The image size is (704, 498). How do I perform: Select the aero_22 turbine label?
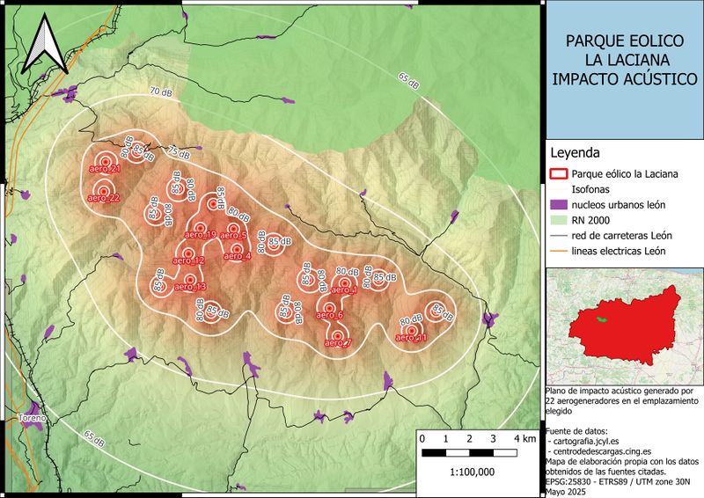click(103, 199)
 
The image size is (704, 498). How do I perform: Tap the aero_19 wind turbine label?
click(201, 235)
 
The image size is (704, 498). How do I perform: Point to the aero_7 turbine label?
click(337, 343)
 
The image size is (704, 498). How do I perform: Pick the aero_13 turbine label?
click(190, 288)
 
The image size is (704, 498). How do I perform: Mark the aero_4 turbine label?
click(237, 257)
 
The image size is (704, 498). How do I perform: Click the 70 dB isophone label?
click(161, 92)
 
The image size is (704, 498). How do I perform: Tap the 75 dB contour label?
click(180, 151)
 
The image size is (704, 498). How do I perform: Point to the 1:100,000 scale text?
click(472, 472)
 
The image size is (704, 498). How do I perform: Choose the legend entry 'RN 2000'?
click(589, 220)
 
